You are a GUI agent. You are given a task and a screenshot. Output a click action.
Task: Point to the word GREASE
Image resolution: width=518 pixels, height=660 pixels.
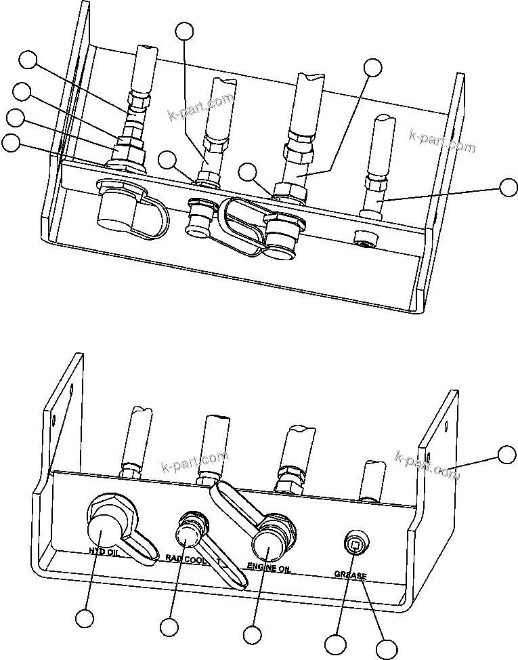[350, 576]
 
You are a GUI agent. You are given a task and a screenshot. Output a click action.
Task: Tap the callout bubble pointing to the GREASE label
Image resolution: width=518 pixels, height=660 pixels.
[387, 648]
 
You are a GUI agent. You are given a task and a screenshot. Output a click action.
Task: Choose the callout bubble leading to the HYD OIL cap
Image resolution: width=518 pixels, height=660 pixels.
[85, 618]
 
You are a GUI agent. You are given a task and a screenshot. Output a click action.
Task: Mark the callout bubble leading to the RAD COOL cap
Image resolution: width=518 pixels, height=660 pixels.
[169, 627]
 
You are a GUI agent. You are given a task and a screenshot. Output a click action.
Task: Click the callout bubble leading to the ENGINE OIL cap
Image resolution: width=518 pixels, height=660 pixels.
[252, 635]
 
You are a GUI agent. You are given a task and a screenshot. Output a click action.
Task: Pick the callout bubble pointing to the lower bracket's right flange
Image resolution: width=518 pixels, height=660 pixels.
[506, 454]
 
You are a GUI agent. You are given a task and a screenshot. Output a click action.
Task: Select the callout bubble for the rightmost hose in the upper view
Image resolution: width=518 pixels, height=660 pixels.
[508, 188]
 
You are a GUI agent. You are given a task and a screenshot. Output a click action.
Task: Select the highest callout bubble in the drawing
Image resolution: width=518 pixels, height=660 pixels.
[184, 30]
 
